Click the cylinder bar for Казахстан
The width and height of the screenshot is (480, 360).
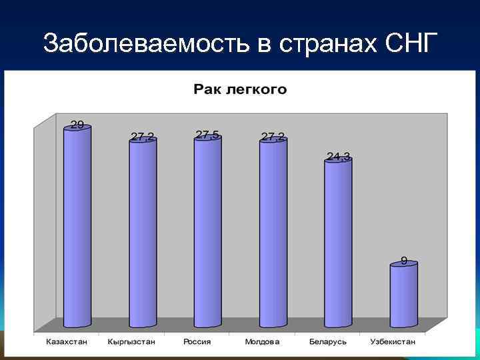[x=77, y=227]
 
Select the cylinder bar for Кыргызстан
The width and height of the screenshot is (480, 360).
[x=143, y=233]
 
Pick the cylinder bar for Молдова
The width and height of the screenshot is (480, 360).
[x=273, y=233]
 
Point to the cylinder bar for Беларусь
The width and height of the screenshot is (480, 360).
[x=338, y=243]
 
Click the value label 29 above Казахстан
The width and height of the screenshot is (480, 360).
[x=77, y=124]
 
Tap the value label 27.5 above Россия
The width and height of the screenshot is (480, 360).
[x=208, y=135]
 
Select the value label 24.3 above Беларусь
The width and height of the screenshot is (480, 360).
[x=338, y=157]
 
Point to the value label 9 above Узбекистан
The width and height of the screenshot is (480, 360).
[x=404, y=260]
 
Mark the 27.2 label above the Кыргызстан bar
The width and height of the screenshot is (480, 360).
[x=142, y=136]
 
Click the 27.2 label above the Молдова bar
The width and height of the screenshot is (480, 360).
[x=273, y=136]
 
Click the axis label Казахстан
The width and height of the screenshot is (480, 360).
[x=67, y=342]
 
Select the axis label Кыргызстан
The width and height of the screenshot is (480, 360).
[x=131, y=342]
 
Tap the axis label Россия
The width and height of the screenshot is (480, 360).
[x=197, y=342]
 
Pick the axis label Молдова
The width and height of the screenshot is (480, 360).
[x=262, y=342]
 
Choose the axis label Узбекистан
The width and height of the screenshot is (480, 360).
[x=393, y=342]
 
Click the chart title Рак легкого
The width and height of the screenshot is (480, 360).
[x=240, y=89]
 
